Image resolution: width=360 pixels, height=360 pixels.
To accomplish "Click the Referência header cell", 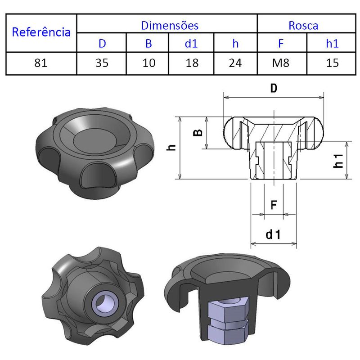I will click(x=41, y=32).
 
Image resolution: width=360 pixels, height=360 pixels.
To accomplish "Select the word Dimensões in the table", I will click(x=170, y=25).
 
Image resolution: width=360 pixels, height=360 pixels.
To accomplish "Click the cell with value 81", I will click(x=41, y=63).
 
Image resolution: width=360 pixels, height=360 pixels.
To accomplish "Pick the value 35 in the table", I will click(x=102, y=63).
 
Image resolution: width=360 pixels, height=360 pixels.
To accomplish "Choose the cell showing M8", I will click(x=281, y=63).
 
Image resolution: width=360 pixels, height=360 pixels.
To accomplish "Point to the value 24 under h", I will click(x=235, y=63).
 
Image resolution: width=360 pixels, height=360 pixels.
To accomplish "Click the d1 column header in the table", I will click(x=192, y=44).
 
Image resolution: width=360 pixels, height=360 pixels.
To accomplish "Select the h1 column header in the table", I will click(x=332, y=44).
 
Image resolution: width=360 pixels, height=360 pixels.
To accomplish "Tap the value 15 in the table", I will click(x=332, y=63).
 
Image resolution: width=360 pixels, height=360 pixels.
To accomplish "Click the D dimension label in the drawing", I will click(x=273, y=88).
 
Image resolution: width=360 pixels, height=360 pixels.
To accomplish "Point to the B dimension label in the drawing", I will click(x=197, y=132).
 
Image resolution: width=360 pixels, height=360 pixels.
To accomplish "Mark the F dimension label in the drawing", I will click(x=273, y=205).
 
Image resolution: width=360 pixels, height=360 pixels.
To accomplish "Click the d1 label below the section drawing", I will click(x=273, y=234).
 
